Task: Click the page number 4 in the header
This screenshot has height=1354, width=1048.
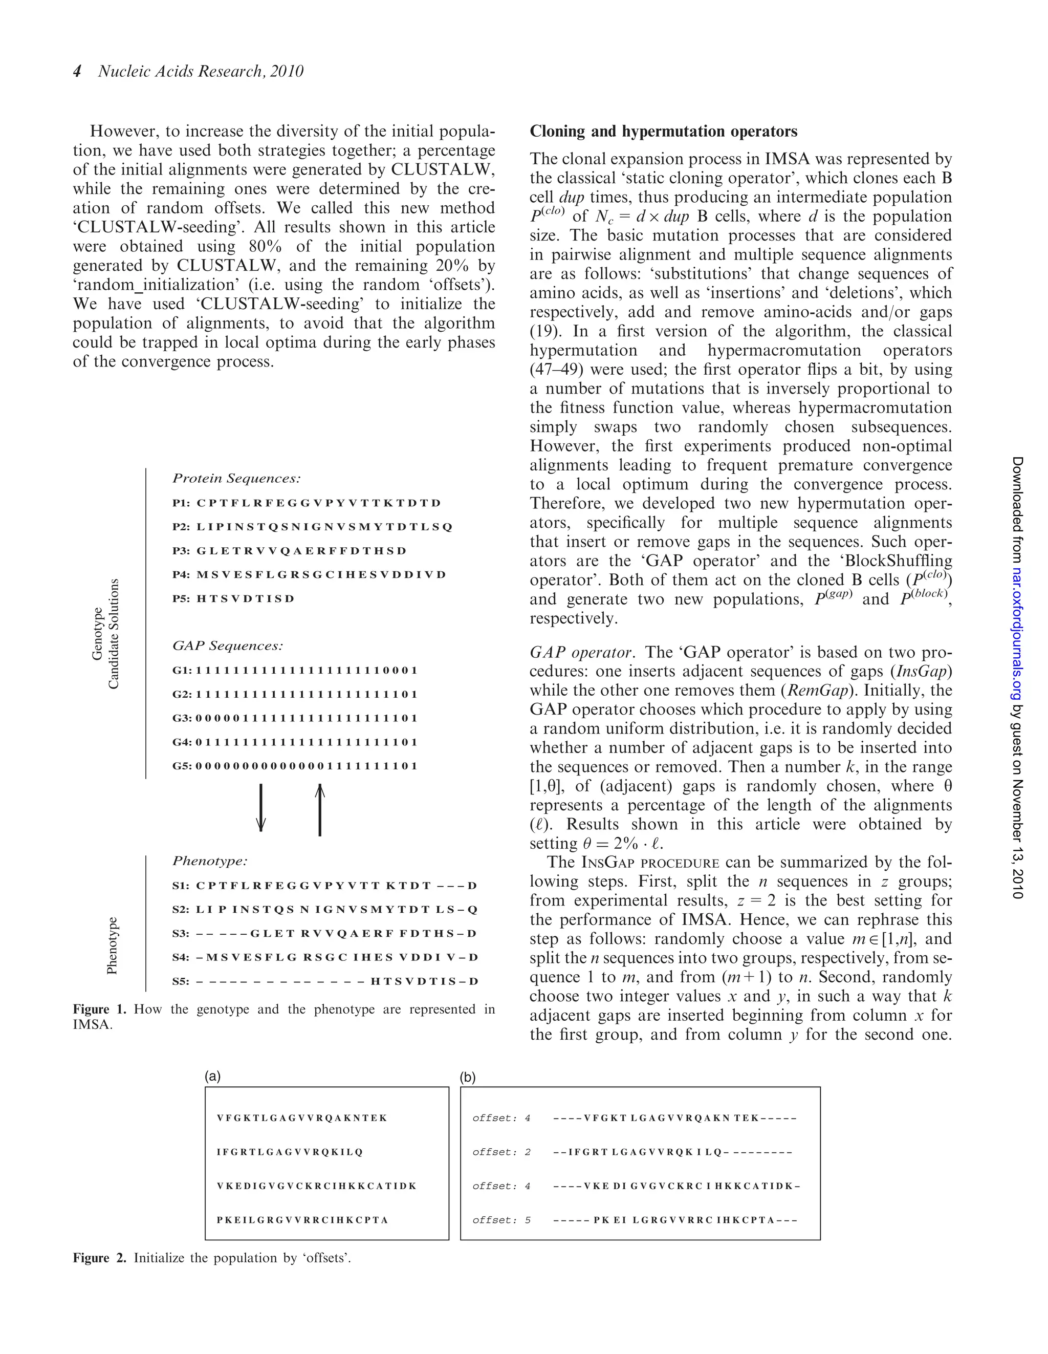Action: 77,71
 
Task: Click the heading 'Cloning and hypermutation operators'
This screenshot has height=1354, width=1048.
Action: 663,132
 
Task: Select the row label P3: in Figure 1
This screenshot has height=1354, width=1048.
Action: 181,550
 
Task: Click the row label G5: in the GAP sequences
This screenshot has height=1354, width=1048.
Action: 182,766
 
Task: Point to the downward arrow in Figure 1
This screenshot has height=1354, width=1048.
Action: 261,808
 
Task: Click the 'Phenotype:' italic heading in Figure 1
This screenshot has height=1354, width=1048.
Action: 209,861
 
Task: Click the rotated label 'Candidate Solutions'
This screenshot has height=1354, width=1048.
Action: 114,634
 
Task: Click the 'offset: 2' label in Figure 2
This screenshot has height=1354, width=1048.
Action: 501,1152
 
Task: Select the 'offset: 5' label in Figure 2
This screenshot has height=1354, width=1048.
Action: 501,1220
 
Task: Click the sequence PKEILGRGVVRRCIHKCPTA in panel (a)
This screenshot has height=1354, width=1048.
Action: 302,1220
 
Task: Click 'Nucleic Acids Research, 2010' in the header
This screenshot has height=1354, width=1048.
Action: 201,71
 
